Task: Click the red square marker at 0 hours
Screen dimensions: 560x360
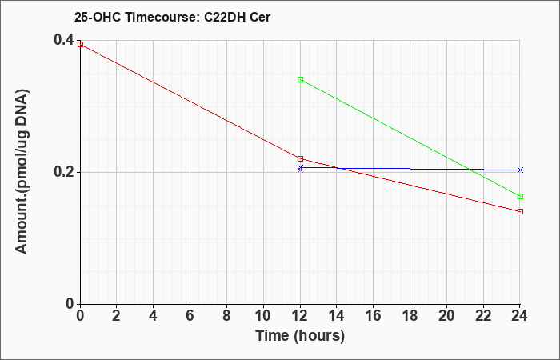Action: pyautogui.click(x=80, y=44)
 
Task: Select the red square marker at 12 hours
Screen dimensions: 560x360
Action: pyautogui.click(x=300, y=158)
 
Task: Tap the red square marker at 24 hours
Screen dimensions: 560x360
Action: pyautogui.click(x=520, y=211)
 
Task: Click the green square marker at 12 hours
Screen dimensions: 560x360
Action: pyautogui.click(x=300, y=80)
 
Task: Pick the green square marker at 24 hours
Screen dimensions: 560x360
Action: pyautogui.click(x=520, y=197)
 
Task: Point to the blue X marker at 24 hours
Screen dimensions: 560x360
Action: pyautogui.click(x=520, y=170)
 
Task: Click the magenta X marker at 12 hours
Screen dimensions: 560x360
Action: pyautogui.click(x=300, y=170)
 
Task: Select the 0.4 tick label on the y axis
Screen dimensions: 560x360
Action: pyautogui.click(x=64, y=40)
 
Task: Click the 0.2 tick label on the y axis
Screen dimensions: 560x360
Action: pyautogui.click(x=64, y=172)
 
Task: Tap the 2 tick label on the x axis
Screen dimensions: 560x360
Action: pyautogui.click(x=117, y=315)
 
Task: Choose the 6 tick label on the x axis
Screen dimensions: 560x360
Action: pyautogui.click(x=190, y=315)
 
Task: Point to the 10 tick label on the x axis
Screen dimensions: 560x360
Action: pyautogui.click(x=263, y=315)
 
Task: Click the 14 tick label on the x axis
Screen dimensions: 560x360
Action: pyautogui.click(x=337, y=315)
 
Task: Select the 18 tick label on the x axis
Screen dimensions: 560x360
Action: pyautogui.click(x=410, y=315)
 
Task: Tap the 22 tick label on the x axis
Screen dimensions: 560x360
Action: pyautogui.click(x=483, y=315)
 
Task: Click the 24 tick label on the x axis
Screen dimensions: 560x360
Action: pyautogui.click(x=520, y=315)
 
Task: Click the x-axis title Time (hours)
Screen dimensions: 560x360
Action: pyautogui.click(x=300, y=336)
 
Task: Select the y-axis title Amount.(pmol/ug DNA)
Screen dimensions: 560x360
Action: pyautogui.click(x=22, y=172)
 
